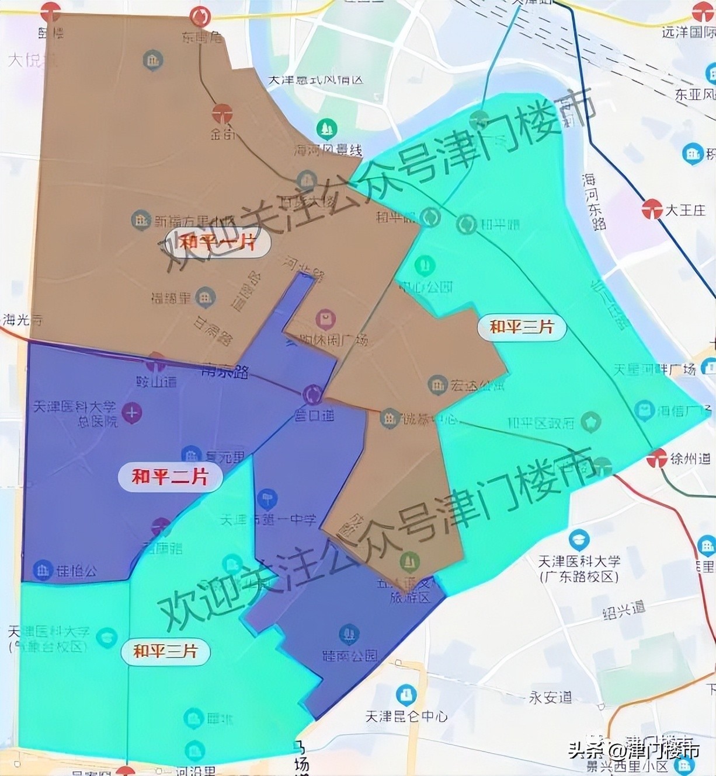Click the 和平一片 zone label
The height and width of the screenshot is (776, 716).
[x=217, y=242]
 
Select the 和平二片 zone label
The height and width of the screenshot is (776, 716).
[x=170, y=477]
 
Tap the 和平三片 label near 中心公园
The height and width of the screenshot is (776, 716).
[x=522, y=327]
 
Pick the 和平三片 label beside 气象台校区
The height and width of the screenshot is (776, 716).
[x=165, y=651]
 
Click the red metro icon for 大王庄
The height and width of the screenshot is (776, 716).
[x=652, y=209]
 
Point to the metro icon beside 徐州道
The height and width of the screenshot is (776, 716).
[x=658, y=459]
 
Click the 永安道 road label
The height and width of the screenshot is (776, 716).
[x=550, y=697]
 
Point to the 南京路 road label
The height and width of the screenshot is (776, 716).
[x=224, y=371]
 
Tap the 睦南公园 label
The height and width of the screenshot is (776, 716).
[x=350, y=655]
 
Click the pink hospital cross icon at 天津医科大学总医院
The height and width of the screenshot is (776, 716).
[x=132, y=413]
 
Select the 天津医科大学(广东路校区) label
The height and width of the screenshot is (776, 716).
[x=578, y=569]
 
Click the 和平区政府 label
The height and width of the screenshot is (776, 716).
[x=541, y=422]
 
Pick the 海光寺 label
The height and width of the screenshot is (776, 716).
[x=22, y=320]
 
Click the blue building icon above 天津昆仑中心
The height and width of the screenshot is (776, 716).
[x=405, y=694]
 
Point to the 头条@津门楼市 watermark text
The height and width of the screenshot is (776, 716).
[x=634, y=749]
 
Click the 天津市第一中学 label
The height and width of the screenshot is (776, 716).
[x=269, y=519]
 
